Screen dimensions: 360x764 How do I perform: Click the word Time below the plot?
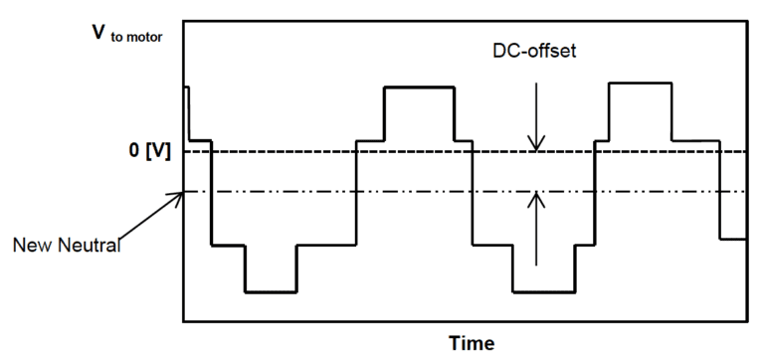coord(470,343)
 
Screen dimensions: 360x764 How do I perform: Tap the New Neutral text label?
coord(68,246)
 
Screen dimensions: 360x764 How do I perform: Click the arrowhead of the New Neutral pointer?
coord(180,194)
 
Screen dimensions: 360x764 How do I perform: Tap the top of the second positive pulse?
coord(641,83)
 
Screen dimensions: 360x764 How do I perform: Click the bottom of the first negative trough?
coord(271,292)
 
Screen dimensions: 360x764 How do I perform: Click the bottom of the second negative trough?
coord(543,292)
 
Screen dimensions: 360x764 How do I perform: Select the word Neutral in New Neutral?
coord(90,246)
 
